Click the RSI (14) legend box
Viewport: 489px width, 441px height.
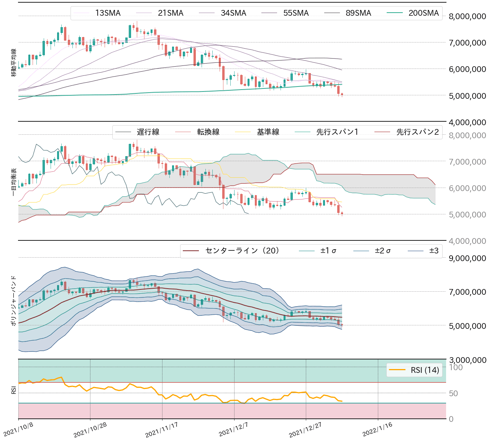click(414, 370)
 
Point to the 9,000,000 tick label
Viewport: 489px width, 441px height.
click(467, 258)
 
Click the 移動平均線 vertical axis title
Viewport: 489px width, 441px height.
click(14, 63)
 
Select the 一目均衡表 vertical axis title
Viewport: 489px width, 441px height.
click(14, 182)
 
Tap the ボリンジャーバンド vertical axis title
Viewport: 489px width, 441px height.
click(14, 301)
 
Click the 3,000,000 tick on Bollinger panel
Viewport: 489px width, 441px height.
click(467, 360)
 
